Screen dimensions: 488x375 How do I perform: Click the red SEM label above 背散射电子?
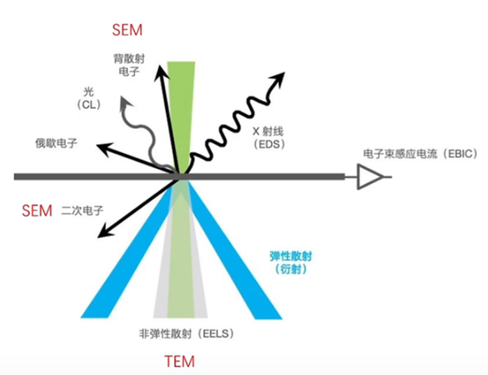(127, 31)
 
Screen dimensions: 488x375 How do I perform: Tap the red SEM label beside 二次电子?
(37, 211)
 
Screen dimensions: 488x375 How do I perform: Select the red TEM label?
(180, 362)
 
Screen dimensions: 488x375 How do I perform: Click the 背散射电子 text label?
(129, 65)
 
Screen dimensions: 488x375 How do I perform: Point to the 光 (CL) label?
(89, 99)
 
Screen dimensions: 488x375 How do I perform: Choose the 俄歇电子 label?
(57, 143)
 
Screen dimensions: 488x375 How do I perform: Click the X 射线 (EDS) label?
(268, 138)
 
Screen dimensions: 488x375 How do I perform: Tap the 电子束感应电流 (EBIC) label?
(420, 153)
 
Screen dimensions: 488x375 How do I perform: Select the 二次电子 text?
(83, 211)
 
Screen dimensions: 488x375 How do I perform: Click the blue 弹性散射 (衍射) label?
(291, 262)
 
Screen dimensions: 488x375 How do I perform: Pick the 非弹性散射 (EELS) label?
(186, 334)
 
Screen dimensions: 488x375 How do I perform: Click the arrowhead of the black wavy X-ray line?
(278, 78)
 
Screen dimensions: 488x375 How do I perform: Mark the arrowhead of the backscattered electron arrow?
(160, 72)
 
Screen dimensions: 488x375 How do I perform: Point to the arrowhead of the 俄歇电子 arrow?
(103, 148)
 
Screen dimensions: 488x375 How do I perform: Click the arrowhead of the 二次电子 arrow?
(104, 233)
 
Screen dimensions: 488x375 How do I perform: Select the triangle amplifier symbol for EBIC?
(369, 176)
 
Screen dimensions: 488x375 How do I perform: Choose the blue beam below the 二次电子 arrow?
(127, 249)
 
